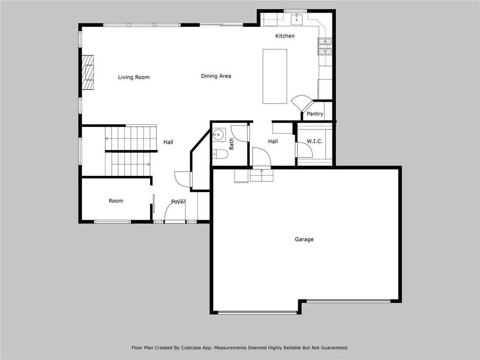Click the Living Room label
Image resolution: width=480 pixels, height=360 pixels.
click(x=134, y=77)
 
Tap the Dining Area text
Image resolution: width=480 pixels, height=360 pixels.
click(x=216, y=76)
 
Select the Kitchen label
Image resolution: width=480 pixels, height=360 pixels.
click(x=285, y=36)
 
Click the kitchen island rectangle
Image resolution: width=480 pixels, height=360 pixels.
click(x=274, y=76)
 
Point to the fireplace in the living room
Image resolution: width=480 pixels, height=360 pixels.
click(x=88, y=72)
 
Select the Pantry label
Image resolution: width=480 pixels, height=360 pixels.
click(x=315, y=114)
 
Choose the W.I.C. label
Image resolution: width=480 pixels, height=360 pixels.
click(x=314, y=141)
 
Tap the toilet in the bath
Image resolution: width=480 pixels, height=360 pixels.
click(x=218, y=153)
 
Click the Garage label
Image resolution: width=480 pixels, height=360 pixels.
click(x=304, y=240)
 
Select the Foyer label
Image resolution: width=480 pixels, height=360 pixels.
click(x=178, y=202)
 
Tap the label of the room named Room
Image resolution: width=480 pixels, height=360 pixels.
click(x=116, y=201)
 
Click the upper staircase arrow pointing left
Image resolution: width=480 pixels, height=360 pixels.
click(x=107, y=138)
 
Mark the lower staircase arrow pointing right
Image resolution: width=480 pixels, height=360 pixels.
click(x=148, y=164)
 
